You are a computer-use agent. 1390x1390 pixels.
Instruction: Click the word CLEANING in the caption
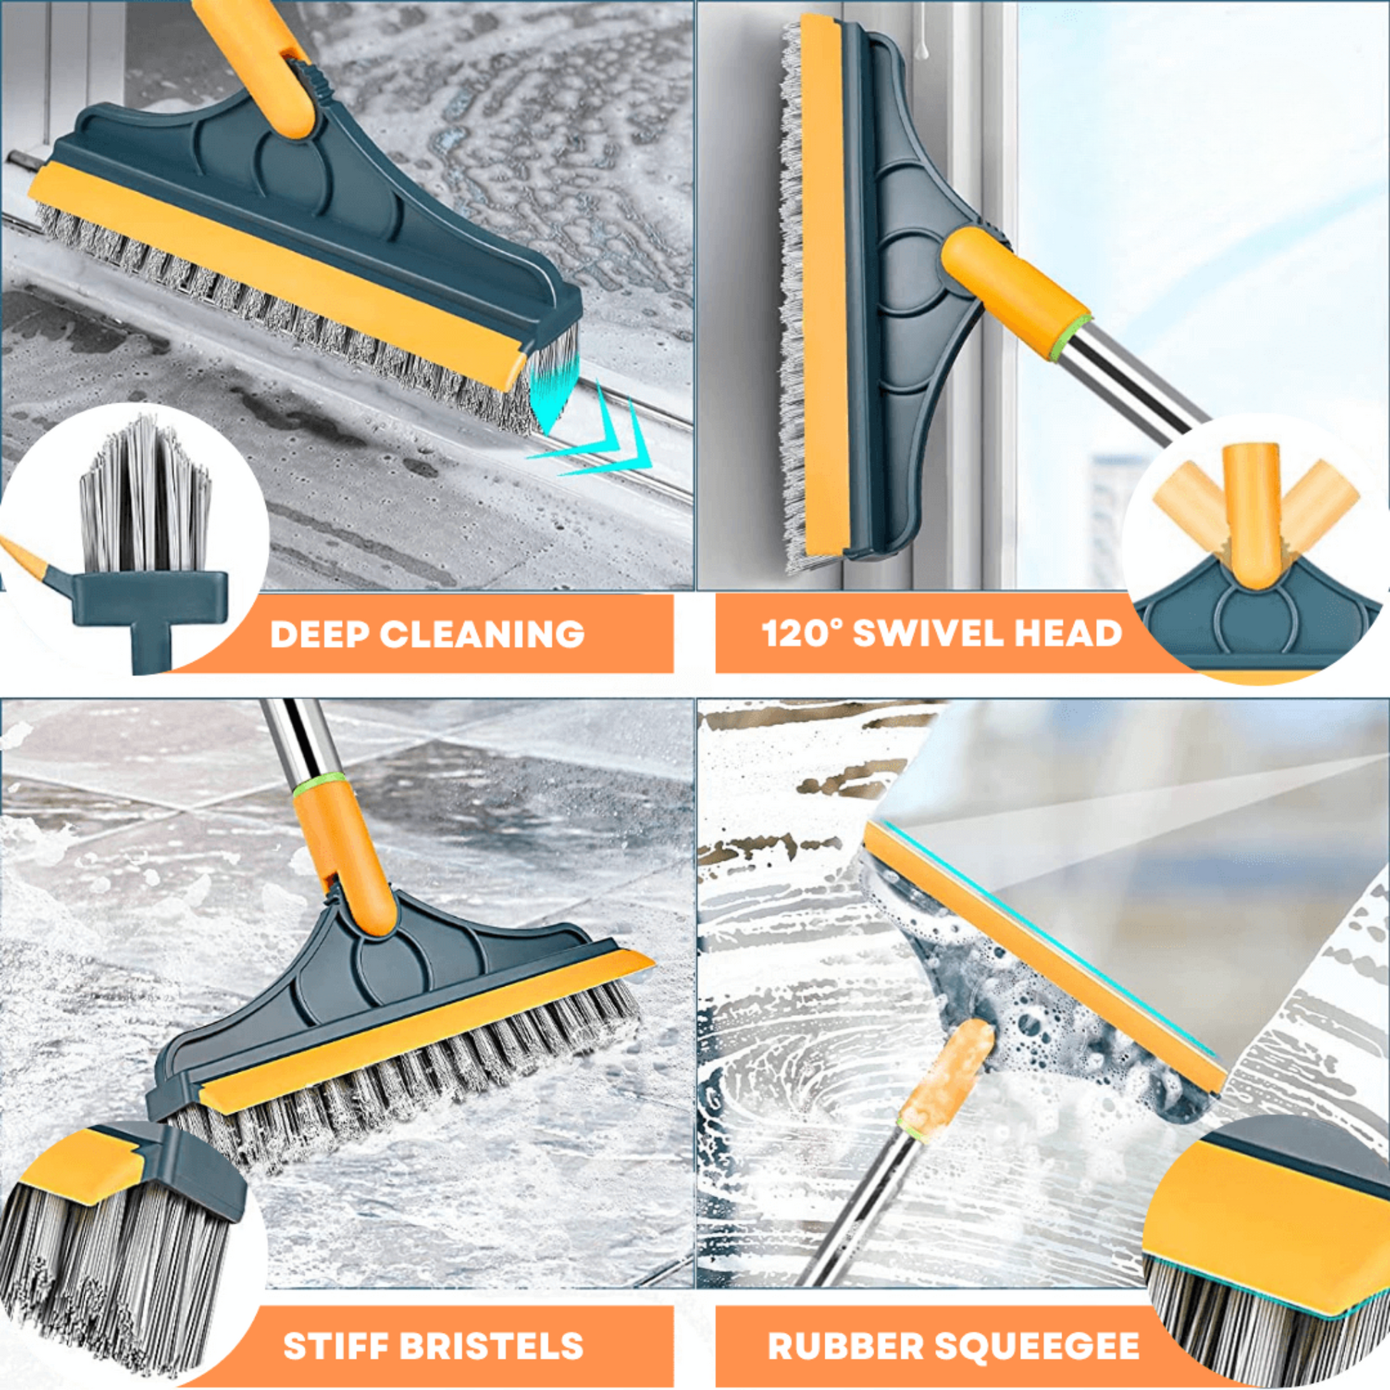point(482,634)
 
